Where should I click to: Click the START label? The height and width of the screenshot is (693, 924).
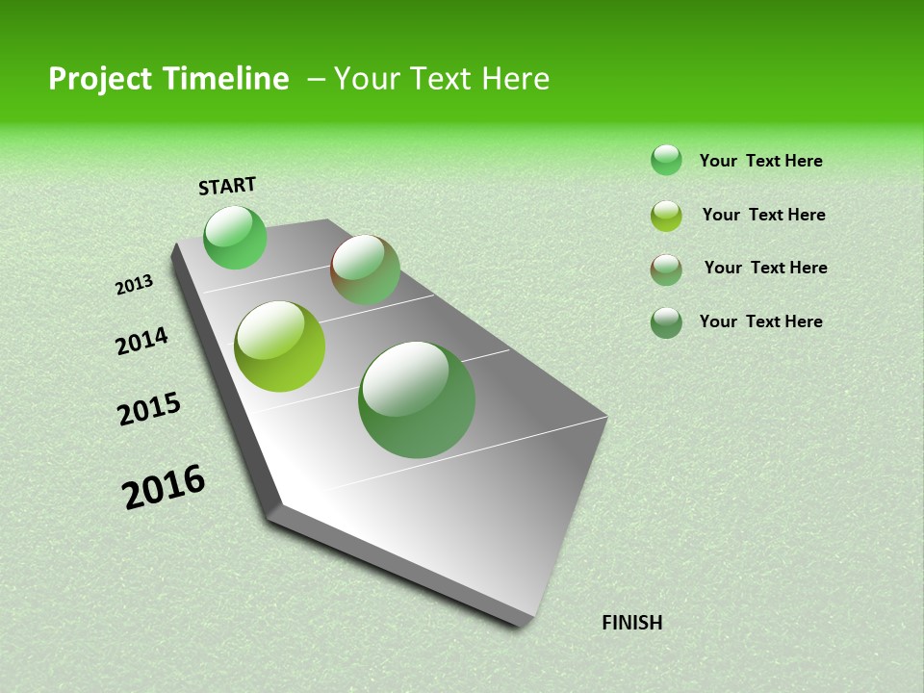coord(227,185)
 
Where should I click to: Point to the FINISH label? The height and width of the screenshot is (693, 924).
coord(631,623)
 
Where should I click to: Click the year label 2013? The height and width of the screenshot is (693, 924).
coord(135,284)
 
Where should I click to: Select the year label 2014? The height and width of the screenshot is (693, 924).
coord(142,341)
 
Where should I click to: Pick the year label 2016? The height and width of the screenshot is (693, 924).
coord(164,487)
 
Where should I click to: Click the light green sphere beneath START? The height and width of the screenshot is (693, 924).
coord(235,237)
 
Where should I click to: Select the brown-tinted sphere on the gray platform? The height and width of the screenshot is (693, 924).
coord(365,269)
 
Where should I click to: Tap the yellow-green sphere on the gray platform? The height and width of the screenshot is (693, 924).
coord(280,346)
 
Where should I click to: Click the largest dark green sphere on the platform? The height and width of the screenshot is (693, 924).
coord(417,399)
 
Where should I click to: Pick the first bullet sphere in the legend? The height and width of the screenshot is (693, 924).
coord(666,160)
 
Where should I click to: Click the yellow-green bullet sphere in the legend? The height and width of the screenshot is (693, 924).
coord(666,216)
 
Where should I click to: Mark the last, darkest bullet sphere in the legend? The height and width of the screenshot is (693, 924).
coord(666,322)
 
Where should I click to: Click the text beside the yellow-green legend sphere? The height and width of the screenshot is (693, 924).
coord(763,215)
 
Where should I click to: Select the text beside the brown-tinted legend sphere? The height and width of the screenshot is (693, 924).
coord(765,268)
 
